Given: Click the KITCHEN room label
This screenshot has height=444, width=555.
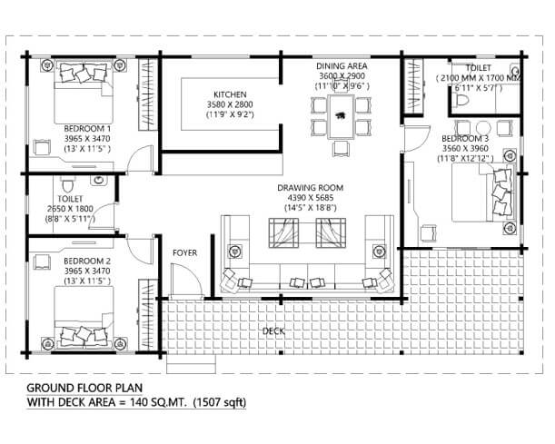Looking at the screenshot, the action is click(x=230, y=94).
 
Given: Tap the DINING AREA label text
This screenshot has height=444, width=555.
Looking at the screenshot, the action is click(x=342, y=66).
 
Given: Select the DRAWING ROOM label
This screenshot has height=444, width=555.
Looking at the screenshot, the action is click(x=310, y=188).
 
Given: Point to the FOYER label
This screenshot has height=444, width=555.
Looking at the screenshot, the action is click(x=184, y=253).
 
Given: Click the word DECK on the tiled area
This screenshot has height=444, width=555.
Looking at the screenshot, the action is click(x=273, y=331).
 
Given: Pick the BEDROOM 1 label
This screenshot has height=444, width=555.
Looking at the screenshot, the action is click(x=87, y=128).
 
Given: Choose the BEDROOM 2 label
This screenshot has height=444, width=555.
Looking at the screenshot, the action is click(x=87, y=261).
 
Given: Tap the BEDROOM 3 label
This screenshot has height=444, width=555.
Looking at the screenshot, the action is click(x=465, y=138).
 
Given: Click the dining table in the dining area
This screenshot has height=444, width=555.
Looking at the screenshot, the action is click(x=342, y=117).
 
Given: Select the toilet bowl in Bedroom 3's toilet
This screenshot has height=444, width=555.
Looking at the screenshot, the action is click(x=462, y=100).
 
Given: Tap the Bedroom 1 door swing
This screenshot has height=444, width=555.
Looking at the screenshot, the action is click(x=141, y=159).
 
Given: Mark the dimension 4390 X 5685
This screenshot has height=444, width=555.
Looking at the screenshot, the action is click(x=310, y=198).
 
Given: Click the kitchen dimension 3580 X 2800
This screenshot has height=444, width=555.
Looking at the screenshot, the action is click(x=230, y=104).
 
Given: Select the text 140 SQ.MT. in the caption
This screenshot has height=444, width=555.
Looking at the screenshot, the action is click(x=158, y=402).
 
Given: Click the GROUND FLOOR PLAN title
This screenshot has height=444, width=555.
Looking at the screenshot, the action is click(x=84, y=388).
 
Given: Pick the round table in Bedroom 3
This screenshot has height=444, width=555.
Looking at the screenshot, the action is click(x=483, y=128).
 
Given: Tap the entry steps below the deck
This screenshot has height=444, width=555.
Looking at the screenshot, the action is click(x=191, y=364).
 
